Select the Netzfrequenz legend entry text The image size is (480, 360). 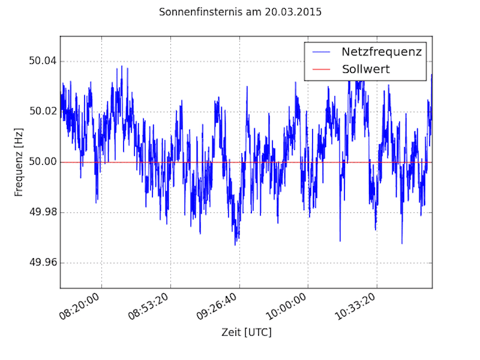382,52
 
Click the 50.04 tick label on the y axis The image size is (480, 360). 40,61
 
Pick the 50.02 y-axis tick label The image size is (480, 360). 40,112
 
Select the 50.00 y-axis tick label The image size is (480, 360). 40,162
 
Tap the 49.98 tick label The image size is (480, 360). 40,212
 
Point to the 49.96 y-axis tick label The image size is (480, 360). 40,263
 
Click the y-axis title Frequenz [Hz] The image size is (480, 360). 19,162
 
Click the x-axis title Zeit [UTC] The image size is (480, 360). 246,331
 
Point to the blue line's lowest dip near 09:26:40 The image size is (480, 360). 235,244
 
